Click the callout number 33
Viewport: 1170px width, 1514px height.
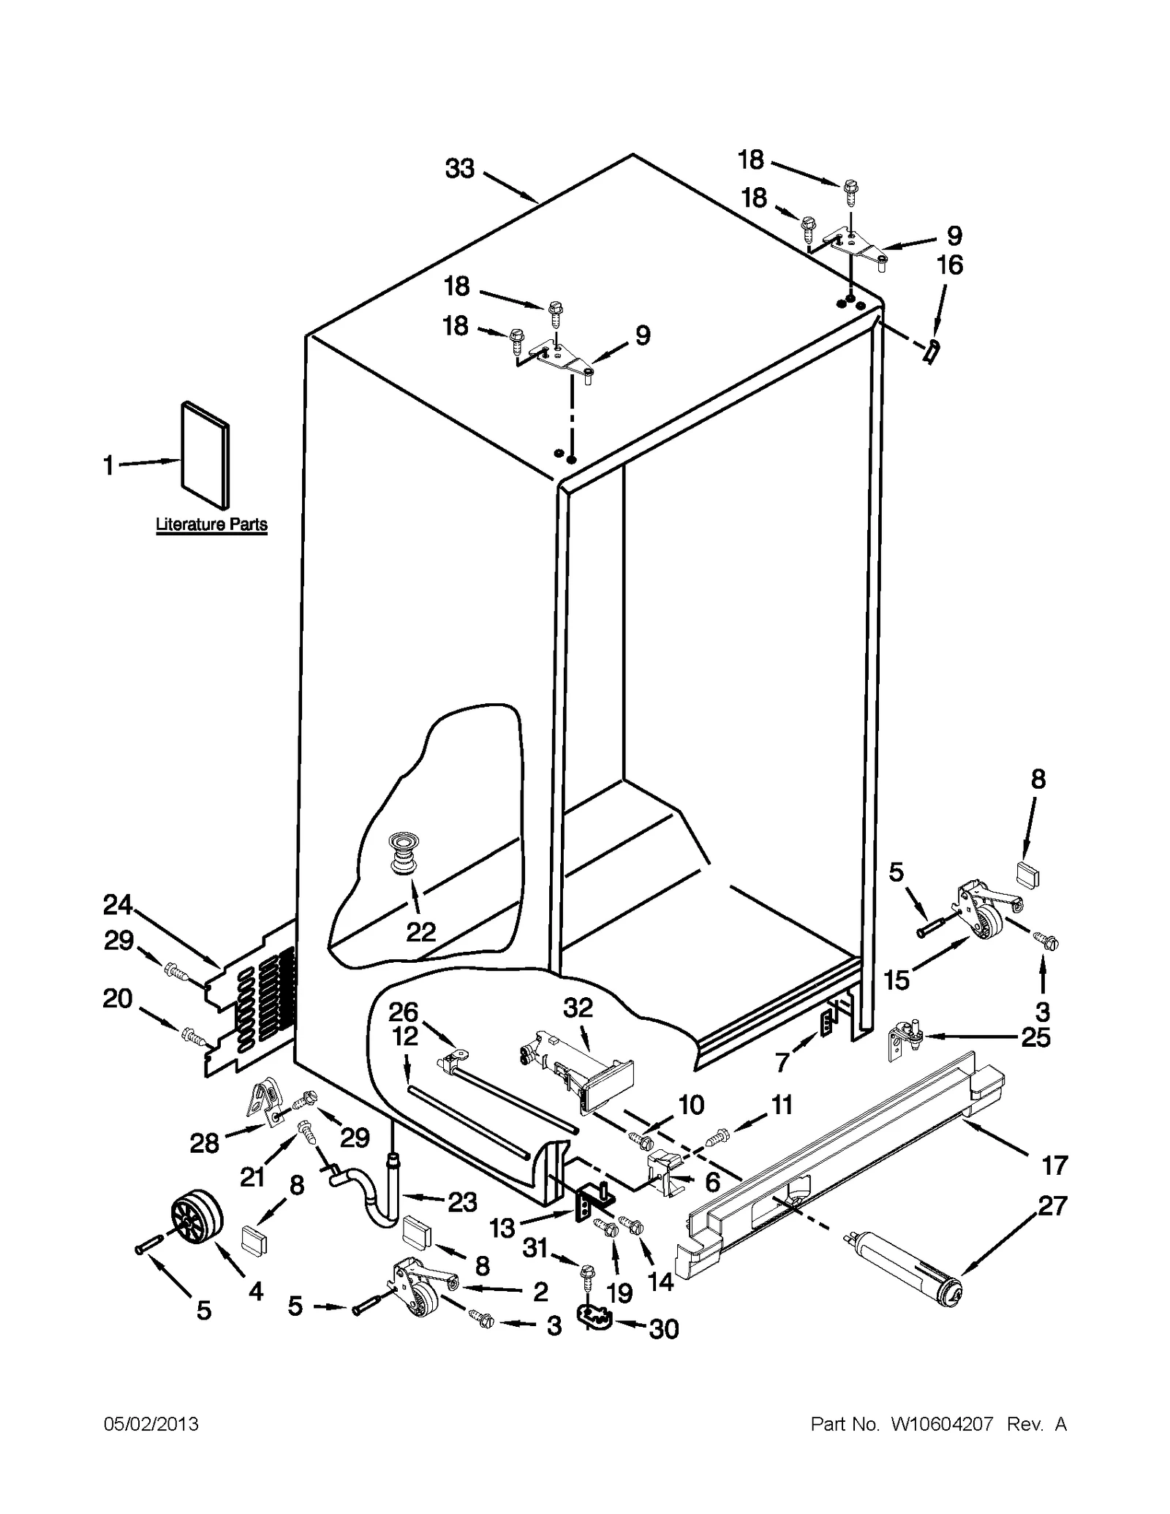[x=460, y=169]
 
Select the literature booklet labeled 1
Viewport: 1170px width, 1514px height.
[x=204, y=455]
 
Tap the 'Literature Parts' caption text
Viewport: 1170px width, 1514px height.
[x=211, y=524]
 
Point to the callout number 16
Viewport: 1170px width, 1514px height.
[x=949, y=265]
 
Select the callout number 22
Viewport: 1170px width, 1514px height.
[x=421, y=931]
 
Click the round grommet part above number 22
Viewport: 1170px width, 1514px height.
[x=403, y=851]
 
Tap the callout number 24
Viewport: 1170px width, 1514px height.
[x=117, y=905]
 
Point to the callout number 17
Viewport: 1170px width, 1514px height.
[x=1055, y=1165]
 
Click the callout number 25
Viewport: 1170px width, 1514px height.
[x=1035, y=1037]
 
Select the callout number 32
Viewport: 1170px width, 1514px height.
[x=578, y=1007]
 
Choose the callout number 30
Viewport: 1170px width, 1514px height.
[x=664, y=1329]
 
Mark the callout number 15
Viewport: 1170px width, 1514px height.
[x=897, y=980]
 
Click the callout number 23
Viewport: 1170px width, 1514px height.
[x=461, y=1202]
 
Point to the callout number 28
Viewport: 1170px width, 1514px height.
[x=204, y=1143]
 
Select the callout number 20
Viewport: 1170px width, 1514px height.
[x=117, y=998]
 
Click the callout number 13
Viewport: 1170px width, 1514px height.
[x=502, y=1227]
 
